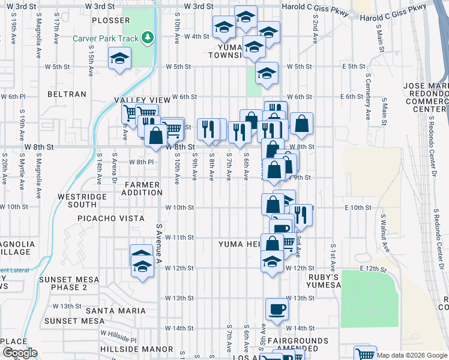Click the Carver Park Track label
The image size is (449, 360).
(105, 38)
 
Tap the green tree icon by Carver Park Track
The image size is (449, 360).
(148, 38)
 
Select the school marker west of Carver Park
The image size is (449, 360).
(119, 59)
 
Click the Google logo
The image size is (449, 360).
(20, 353)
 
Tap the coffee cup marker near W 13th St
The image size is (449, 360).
(277, 309)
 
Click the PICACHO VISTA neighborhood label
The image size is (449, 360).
(110, 219)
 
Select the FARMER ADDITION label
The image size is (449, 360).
(142, 188)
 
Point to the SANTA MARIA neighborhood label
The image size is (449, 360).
(116, 310)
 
